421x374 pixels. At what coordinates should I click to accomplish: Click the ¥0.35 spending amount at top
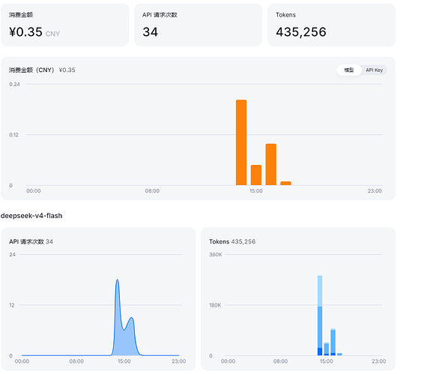[x=25, y=32]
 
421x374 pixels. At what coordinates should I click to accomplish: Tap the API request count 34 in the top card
[x=150, y=32]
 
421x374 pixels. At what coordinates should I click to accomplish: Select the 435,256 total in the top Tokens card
[x=301, y=32]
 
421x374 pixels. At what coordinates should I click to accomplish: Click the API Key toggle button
[x=374, y=70]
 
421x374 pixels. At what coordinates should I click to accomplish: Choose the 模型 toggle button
[x=349, y=70]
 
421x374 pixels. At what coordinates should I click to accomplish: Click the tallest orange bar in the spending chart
[x=241, y=142]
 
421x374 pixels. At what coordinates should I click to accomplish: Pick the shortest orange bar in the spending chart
[x=285, y=183]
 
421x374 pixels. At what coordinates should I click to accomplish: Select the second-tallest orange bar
[x=271, y=164]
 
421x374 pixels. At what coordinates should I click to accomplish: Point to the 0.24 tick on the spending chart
[x=14, y=85]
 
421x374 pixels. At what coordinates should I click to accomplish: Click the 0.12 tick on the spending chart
[x=14, y=135]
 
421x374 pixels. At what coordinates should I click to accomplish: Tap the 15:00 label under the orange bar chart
[x=256, y=191]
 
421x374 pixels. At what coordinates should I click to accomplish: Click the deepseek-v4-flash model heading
[x=31, y=216]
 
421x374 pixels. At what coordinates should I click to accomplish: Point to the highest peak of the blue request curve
[x=117, y=280]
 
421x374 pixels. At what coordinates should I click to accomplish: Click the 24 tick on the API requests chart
[x=12, y=254]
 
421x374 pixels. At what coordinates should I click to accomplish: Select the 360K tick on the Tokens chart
[x=216, y=254]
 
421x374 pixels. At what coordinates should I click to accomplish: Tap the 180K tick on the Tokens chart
[x=215, y=305]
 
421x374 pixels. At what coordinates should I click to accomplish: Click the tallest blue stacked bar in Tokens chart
[x=320, y=316]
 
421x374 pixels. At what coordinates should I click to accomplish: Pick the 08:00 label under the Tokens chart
[x=280, y=361]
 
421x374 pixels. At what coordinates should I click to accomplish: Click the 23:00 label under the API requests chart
[x=179, y=361]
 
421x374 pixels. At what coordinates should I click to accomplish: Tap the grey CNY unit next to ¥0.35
[x=52, y=34]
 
